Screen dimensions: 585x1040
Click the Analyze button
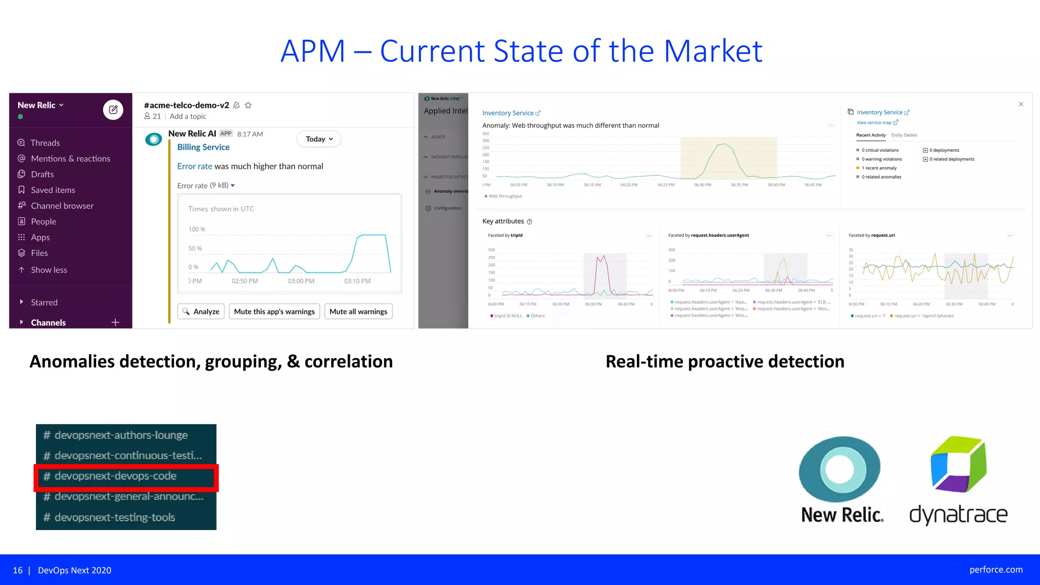[x=201, y=311]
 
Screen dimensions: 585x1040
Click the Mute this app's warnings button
[x=274, y=311]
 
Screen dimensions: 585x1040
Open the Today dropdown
[x=319, y=139]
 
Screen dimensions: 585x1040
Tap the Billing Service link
[x=203, y=147]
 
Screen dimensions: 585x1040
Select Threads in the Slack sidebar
[x=45, y=143]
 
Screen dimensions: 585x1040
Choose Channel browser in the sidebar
[x=62, y=206]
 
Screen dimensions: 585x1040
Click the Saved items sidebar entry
[x=53, y=190]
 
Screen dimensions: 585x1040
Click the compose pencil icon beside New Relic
[x=113, y=109]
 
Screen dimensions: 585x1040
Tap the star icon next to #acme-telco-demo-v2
[x=248, y=105]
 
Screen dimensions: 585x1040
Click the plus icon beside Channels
[x=115, y=322]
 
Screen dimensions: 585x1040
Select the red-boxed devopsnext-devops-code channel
[x=116, y=476]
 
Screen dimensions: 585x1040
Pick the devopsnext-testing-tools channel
[x=115, y=517]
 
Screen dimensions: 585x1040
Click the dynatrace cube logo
[x=958, y=464]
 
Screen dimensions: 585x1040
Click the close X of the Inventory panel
[x=1021, y=104]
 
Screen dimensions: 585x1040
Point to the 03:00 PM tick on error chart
[x=301, y=281]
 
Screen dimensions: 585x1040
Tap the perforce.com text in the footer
[x=996, y=570]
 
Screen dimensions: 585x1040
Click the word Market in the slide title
[x=713, y=51]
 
